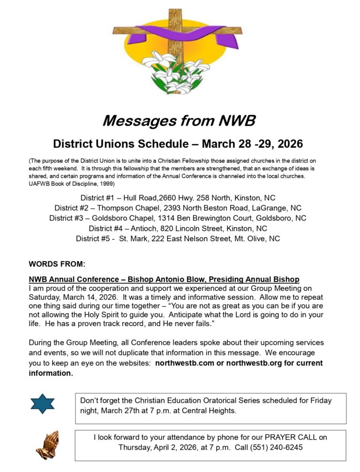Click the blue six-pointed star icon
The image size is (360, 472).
(x=43, y=403)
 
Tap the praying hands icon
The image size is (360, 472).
(x=47, y=445)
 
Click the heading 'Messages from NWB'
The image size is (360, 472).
(x=179, y=121)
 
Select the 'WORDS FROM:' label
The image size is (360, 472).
(x=57, y=264)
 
